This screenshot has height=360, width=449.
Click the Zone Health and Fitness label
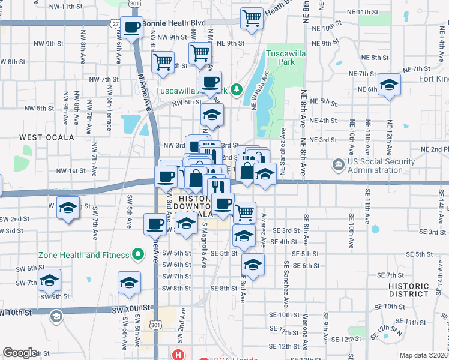pyautogui.click(x=83, y=255)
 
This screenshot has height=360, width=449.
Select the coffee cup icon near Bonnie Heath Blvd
pyautogui.click(x=132, y=27)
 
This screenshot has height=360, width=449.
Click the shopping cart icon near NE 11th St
pyautogui.click(x=252, y=17)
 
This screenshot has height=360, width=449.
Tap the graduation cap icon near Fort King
pyautogui.click(x=389, y=85)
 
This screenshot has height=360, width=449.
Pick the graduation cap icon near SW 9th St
pyautogui.click(x=49, y=280)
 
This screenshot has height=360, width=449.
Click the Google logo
pyautogui.click(x=20, y=353)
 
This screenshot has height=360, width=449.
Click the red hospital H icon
pyautogui.click(x=178, y=355)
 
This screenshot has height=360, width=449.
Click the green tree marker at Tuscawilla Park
pyautogui.click(x=237, y=90)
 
